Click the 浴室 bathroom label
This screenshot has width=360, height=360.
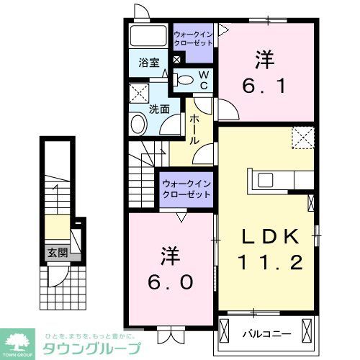pyautogui.click(x=150, y=63)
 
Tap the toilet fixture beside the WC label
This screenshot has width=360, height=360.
pyautogui.click(x=184, y=80)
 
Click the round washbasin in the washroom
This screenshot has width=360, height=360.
pyautogui.click(x=138, y=125)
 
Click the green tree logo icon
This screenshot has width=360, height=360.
pyautogui.click(x=19, y=342)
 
